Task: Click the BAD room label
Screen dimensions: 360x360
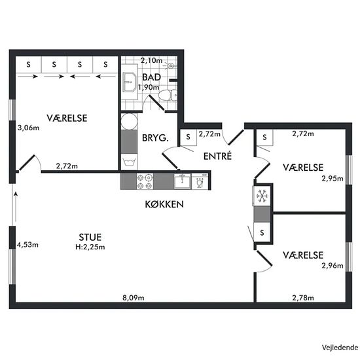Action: pos(152,77)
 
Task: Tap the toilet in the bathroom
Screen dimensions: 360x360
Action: pos(168,95)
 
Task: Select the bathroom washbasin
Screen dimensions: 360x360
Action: pos(130,82)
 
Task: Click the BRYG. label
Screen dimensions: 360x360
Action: pos(155,137)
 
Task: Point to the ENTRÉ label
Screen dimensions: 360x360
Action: pos(217,156)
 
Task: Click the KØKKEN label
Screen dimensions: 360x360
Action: pos(164,204)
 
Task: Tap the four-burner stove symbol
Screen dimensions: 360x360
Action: pos(145,181)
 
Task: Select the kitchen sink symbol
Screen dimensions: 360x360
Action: pos(183,181)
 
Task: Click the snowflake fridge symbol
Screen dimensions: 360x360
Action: pos(262,196)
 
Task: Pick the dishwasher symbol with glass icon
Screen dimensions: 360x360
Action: pos(200,181)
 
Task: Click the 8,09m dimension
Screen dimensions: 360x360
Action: pos(134,298)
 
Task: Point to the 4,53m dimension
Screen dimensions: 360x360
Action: pos(27,245)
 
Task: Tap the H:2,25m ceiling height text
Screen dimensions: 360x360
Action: pos(90,247)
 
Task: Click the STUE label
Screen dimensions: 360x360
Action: pos(90,237)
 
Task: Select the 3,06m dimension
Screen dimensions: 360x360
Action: pos(28,128)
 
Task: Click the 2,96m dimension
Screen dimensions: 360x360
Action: pos(333,266)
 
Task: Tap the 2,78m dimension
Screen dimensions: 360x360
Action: pos(303,298)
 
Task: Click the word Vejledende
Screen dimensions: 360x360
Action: pos(340,348)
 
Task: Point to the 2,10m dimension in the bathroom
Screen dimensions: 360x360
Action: pos(152,60)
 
